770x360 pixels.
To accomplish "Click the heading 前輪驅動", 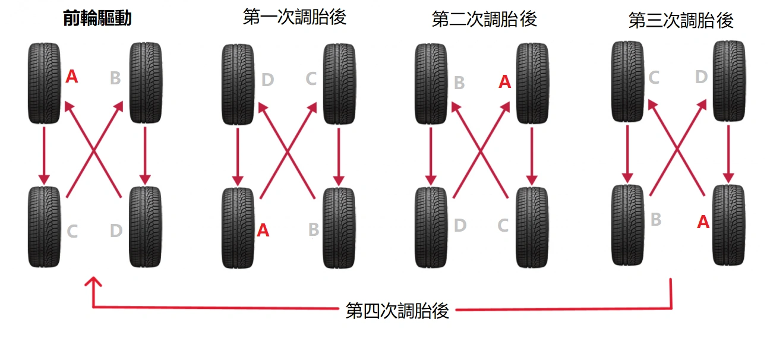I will (97, 19).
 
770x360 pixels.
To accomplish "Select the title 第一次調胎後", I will (295, 17).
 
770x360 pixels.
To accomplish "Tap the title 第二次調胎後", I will (484, 19).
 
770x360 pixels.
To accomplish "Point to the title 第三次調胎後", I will (681, 21).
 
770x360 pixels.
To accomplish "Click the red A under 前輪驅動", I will (71, 76).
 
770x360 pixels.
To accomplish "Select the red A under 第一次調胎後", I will (263, 230).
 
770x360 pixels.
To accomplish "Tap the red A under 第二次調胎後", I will (504, 81).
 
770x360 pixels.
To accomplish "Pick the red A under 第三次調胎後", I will (703, 222).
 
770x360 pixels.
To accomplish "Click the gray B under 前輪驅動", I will (116, 78).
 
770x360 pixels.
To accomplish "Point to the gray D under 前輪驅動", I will (116, 230).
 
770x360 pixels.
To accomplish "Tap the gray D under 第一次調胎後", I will (267, 80).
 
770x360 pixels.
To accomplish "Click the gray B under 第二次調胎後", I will (459, 83).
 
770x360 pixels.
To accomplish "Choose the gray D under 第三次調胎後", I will (702, 77).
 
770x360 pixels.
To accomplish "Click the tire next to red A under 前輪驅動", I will (45, 83).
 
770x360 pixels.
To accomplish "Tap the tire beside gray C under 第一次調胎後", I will (339, 83).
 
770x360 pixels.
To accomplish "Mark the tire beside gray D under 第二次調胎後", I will (431, 227).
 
